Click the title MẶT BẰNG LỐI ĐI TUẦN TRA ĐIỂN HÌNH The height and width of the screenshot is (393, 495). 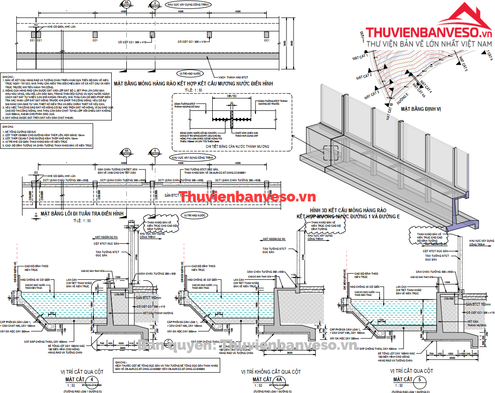82,213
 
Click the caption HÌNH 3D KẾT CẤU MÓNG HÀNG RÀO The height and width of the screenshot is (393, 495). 348,209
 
